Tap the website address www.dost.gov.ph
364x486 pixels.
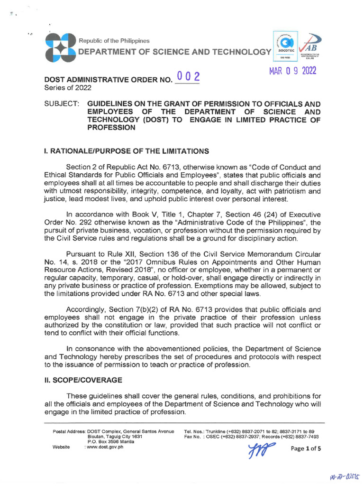(x=104, y=447)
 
